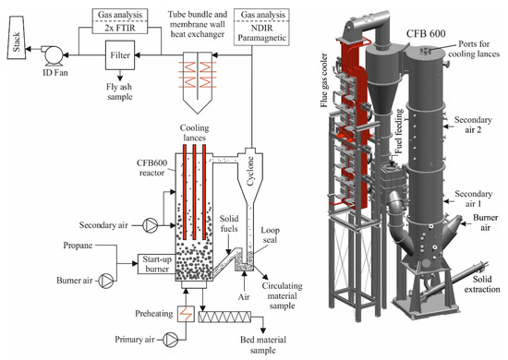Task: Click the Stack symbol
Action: click(x=17, y=38)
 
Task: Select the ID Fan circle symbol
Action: click(x=54, y=55)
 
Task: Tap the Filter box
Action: click(x=120, y=55)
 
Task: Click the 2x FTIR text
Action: click(x=120, y=28)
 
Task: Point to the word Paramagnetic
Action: click(x=261, y=38)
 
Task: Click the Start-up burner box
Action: click(x=157, y=264)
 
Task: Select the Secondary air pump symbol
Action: click(x=150, y=224)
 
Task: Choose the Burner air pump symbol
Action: click(x=106, y=281)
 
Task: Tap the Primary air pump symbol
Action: click(x=171, y=340)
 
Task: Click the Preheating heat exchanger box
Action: click(x=186, y=314)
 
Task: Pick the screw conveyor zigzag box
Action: click(x=224, y=317)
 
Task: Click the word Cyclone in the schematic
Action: click(x=250, y=172)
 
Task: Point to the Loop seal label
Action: click(x=271, y=235)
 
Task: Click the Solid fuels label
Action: click(x=229, y=223)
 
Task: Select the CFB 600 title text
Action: click(x=426, y=33)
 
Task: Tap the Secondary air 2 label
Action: click(x=473, y=125)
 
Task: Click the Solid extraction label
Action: click(x=482, y=284)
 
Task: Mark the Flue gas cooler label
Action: click(x=324, y=80)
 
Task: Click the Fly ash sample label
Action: click(x=119, y=91)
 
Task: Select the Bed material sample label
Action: click(x=263, y=345)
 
